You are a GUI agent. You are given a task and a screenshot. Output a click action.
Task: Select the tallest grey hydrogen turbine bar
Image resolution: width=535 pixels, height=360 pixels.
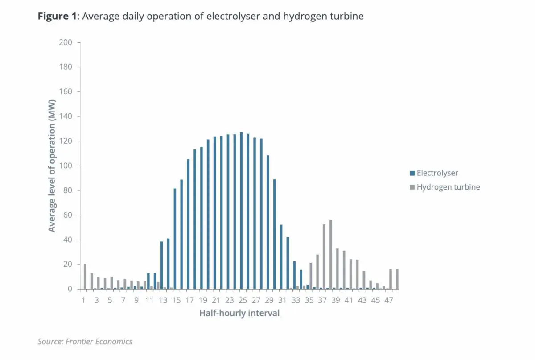pos(331,255)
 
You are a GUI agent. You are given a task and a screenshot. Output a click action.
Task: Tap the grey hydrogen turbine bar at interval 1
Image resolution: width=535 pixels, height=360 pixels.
pos(85,277)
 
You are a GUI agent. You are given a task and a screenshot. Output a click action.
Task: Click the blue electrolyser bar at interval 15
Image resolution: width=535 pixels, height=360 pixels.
pos(175,239)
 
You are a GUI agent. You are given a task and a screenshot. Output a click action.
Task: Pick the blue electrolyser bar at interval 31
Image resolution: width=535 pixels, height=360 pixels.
pos(281,257)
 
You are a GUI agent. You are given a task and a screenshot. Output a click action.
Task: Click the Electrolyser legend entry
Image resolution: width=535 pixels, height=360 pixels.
pos(437,173)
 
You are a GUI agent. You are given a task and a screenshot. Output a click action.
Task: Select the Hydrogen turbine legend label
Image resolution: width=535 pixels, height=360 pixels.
pos(448,187)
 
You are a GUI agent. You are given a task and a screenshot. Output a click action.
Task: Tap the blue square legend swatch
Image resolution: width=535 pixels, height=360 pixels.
pos(412,173)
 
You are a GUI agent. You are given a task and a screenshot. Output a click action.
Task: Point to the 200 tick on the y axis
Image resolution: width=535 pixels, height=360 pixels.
pos(66,42)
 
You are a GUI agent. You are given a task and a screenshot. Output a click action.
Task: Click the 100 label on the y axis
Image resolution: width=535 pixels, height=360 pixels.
pos(66,166)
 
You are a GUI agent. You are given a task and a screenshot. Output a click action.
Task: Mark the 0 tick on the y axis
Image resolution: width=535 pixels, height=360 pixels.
pos(69,289)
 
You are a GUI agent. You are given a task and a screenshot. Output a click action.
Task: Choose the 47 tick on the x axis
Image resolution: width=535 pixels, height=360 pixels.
pos(389,300)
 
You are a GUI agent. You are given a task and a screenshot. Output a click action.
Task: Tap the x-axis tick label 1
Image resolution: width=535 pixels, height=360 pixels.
pos(83,300)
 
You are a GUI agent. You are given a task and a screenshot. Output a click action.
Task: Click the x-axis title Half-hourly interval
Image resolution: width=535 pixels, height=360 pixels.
pos(239,313)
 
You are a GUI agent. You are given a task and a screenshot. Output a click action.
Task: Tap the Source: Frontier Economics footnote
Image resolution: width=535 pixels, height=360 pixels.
pos(85,342)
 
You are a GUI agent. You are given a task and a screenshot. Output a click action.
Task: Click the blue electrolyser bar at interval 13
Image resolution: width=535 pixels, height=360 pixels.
pos(161,265)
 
